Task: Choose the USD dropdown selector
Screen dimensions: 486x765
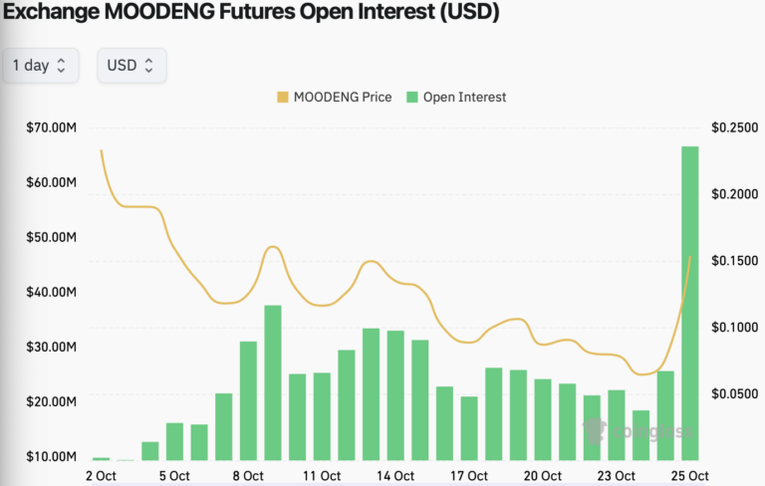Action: click(131, 66)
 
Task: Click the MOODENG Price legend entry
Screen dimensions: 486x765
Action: click(335, 98)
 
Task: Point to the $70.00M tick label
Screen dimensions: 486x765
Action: click(52, 128)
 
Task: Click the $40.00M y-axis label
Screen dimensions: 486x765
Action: click(52, 293)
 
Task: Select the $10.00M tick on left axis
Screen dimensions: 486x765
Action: click(52, 456)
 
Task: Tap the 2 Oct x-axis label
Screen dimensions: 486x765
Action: click(101, 476)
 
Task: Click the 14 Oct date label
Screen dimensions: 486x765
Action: click(395, 476)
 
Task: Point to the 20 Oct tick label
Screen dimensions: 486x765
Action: click(543, 476)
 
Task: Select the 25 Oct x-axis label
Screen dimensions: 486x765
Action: click(689, 476)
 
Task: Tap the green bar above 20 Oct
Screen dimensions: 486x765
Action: click(543, 419)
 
